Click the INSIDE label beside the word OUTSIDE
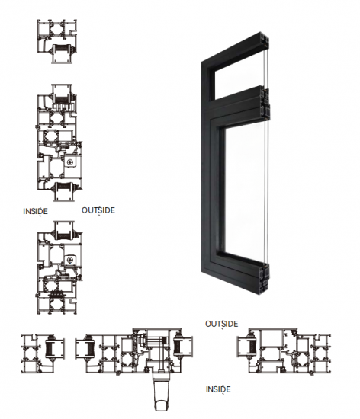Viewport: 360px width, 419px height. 35,211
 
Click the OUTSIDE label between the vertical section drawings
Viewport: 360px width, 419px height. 98,210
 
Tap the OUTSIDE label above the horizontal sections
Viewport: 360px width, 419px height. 221,324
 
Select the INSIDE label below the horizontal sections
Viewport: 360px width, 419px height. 218,389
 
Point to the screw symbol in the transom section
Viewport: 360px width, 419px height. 70,162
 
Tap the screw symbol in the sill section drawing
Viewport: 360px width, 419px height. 70,260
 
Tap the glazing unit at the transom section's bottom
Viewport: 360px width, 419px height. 64,191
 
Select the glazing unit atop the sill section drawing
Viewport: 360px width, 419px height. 64,231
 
